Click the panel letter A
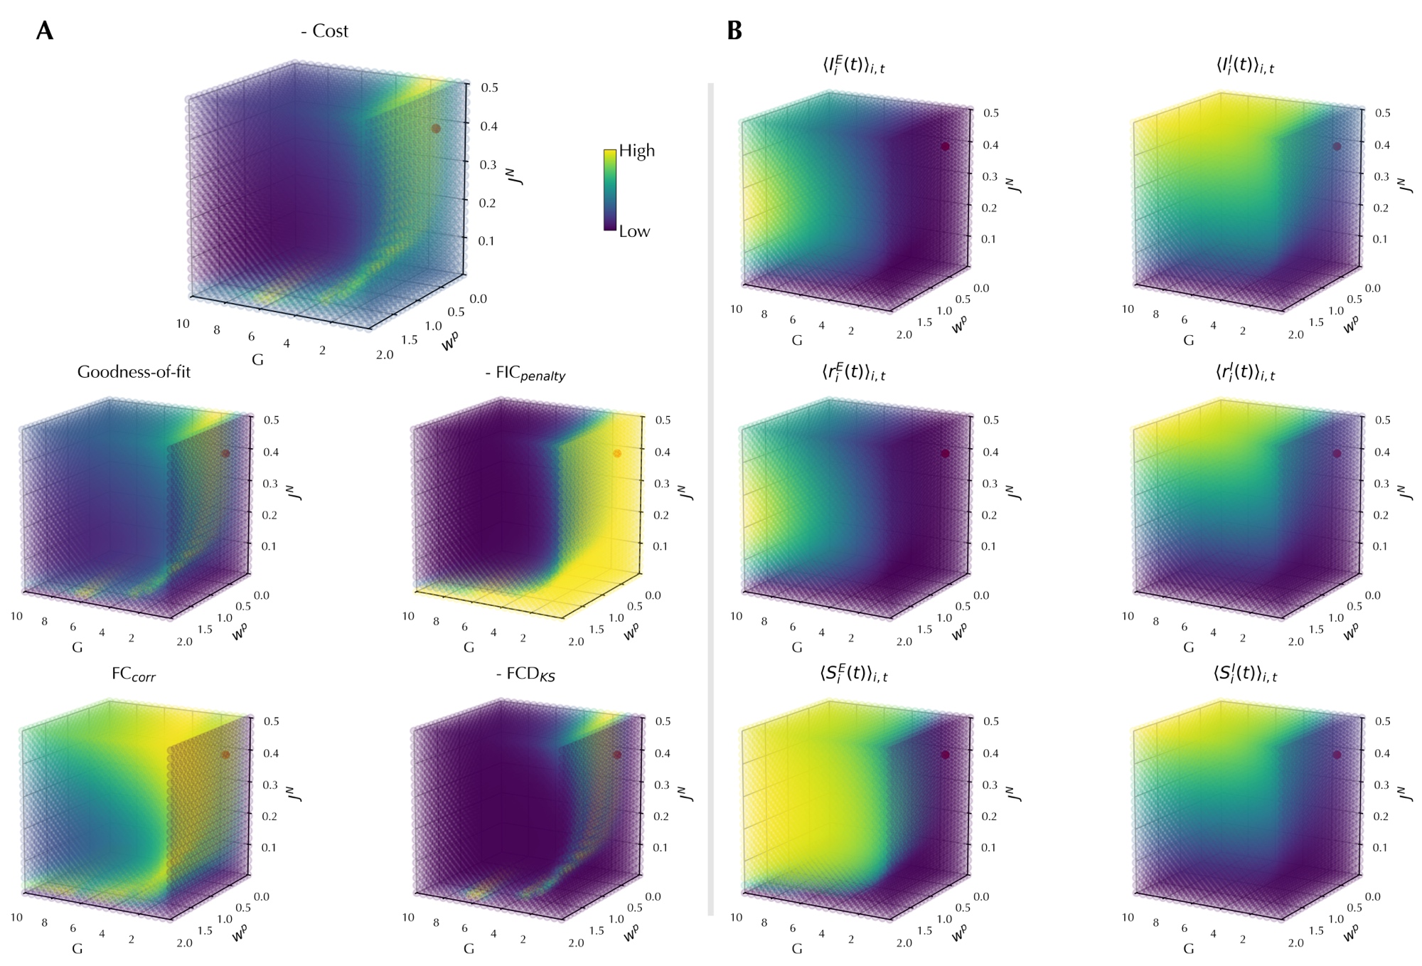coord(44,31)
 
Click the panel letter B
coord(734,31)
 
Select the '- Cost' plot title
coord(324,31)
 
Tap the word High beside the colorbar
coord(636,151)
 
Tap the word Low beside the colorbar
coord(634,231)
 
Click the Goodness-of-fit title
coord(134,372)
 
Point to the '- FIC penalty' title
coord(525,373)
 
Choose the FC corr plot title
coord(133,674)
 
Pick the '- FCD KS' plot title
coord(525,674)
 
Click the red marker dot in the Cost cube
coord(436,129)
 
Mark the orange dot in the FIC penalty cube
coord(617,453)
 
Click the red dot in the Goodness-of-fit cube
coord(225,453)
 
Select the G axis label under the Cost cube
coord(257,360)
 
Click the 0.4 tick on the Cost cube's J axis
coord(488,127)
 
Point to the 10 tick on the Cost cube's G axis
coord(183,324)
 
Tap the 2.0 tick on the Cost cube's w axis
coord(385,354)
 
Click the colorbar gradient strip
coord(609,190)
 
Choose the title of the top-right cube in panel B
coord(1245,65)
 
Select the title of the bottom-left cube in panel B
coord(853,673)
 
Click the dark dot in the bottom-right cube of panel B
coord(1337,755)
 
